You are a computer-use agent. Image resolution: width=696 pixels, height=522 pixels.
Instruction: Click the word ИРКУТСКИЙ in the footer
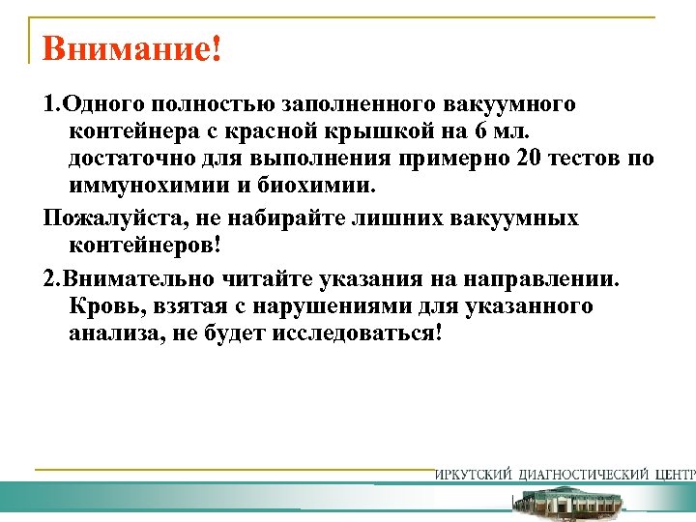coord(474,475)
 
